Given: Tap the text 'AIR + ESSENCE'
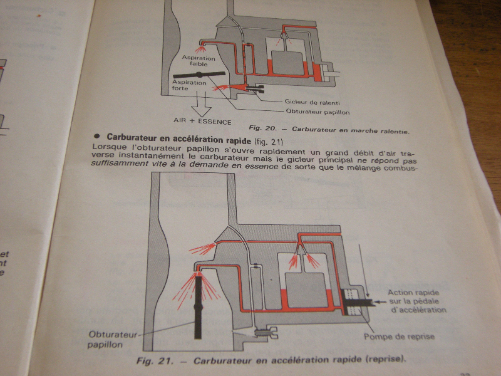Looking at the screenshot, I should (202, 120).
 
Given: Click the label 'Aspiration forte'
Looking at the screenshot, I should (189, 86).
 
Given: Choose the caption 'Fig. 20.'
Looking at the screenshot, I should (263, 128).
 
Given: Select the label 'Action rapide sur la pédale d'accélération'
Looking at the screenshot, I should (416, 301).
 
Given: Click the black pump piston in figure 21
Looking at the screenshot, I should (356, 305).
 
